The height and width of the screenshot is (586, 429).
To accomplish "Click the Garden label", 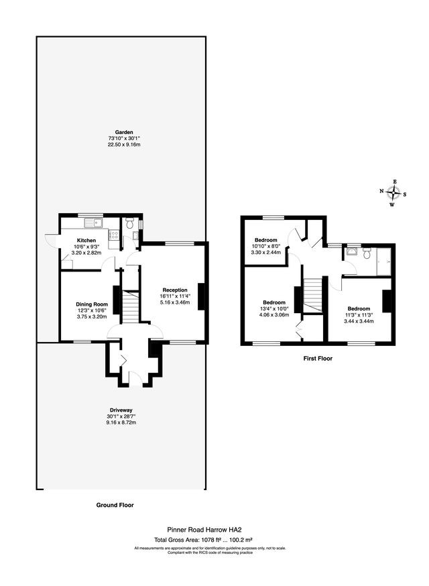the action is click(x=124, y=132).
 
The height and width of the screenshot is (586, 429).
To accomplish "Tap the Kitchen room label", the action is click(x=86, y=240).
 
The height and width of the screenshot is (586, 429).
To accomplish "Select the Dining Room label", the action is click(x=92, y=304).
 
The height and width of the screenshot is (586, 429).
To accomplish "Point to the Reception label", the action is click(x=175, y=290).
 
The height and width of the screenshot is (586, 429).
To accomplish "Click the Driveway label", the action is click(x=121, y=410).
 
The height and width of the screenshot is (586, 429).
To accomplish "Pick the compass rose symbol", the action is click(x=393, y=193).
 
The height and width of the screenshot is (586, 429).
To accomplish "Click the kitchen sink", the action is click(x=94, y=223).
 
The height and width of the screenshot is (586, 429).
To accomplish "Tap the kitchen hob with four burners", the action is click(x=114, y=235).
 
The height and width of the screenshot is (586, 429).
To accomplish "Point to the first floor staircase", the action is click(x=312, y=295).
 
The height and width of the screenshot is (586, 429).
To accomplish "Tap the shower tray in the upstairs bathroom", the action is click(x=384, y=261).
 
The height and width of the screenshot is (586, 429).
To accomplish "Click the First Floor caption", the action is click(x=318, y=359).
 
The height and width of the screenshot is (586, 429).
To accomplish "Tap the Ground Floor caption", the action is click(x=115, y=505).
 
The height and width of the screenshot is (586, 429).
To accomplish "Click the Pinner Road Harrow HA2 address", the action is click(x=204, y=530).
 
